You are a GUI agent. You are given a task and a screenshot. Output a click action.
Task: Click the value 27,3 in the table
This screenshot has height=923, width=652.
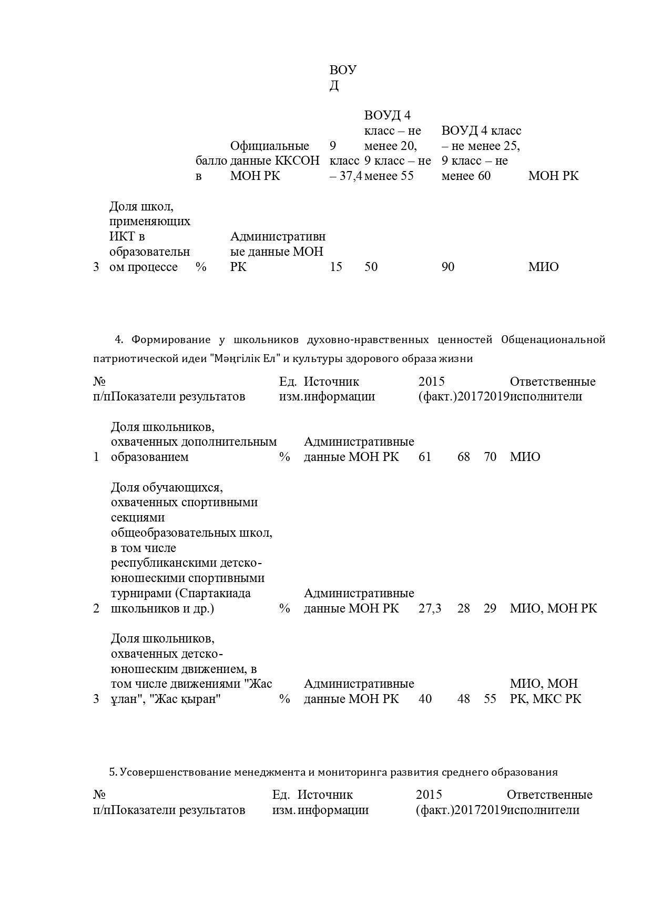(430, 608)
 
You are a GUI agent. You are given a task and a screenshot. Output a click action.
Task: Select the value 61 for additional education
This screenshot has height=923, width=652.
(425, 457)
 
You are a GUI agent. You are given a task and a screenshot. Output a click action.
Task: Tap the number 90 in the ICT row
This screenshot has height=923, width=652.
(448, 267)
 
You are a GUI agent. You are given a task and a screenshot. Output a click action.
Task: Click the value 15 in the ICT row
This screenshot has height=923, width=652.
(336, 267)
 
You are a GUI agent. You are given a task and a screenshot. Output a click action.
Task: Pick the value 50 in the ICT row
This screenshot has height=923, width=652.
(371, 267)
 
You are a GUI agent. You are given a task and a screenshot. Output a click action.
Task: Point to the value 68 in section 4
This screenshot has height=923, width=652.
(464, 457)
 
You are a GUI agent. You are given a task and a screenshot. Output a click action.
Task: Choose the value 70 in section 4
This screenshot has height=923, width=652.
(490, 457)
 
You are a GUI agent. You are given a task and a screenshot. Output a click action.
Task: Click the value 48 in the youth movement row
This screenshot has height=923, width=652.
(464, 699)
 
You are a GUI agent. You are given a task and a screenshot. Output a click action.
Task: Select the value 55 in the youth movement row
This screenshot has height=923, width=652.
(490, 699)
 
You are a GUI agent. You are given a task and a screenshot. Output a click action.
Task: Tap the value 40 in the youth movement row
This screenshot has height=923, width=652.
(425, 699)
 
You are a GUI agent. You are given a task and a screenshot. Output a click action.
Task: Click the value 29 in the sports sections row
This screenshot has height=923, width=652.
(490, 608)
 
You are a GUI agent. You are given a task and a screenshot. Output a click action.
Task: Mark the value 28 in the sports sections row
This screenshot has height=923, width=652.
(464, 608)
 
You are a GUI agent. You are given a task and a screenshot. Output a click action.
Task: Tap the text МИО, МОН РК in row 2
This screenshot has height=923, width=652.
(553, 608)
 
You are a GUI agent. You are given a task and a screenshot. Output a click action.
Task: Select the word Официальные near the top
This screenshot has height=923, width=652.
(270, 146)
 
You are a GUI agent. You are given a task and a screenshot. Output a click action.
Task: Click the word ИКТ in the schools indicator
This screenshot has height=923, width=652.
(120, 237)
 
